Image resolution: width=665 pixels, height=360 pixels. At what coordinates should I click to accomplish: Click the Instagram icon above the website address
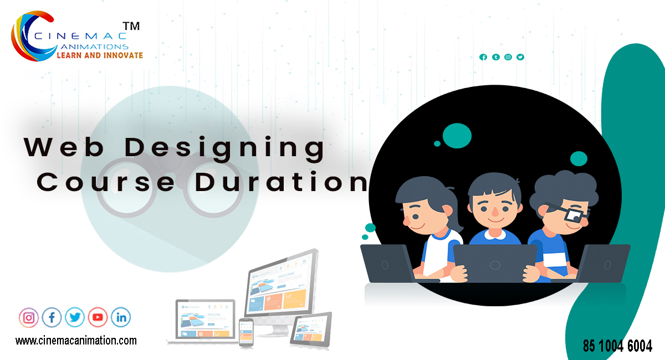29,317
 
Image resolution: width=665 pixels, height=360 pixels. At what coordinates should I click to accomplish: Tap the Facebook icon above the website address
52,317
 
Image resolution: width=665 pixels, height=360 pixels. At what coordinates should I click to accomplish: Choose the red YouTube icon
98,317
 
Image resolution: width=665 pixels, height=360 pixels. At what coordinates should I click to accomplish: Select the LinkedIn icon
121,317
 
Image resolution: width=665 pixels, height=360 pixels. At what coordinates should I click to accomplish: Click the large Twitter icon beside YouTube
75,317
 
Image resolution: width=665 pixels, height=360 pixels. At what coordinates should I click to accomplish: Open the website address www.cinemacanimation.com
76,341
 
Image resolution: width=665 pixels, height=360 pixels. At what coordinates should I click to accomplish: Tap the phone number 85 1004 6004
617,346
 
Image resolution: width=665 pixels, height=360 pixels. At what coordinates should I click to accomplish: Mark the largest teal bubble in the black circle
457,135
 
